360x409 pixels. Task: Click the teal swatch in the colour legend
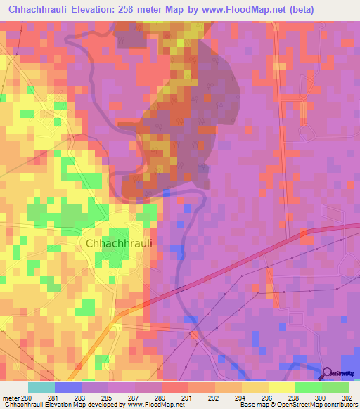click(41, 387)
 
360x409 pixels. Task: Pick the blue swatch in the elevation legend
click(68, 387)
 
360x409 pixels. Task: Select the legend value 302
click(340, 398)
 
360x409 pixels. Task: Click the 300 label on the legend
click(314, 398)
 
